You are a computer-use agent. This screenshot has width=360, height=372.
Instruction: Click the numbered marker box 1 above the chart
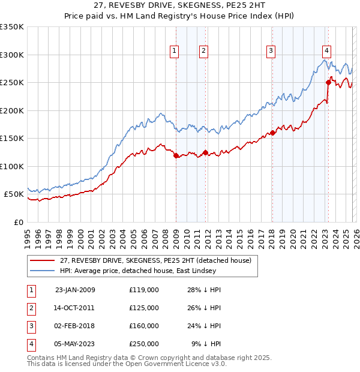(174, 51)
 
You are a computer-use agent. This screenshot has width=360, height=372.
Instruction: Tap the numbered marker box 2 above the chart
(204, 51)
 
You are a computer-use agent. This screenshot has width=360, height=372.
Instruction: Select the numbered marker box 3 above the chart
(271, 51)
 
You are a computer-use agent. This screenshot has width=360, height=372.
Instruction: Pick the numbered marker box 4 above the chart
(326, 51)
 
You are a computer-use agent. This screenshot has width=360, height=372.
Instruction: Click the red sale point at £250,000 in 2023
(328, 82)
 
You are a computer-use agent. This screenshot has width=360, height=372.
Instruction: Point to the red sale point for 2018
(272, 133)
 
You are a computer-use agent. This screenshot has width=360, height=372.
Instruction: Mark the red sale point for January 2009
(176, 156)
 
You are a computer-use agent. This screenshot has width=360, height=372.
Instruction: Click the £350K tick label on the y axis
(12, 27)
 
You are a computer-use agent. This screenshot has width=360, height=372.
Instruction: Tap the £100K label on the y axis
(12, 166)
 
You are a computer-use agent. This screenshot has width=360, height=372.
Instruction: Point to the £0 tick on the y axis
(18, 222)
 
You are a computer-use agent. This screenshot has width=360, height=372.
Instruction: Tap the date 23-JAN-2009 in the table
(75, 290)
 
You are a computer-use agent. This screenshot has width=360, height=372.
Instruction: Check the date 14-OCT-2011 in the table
(75, 308)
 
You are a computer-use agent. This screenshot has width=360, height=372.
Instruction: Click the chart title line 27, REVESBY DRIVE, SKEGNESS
(180, 7)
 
